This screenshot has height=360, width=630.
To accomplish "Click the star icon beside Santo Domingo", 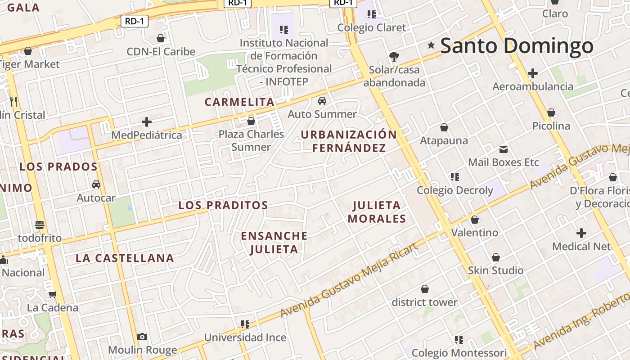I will pos(431,45).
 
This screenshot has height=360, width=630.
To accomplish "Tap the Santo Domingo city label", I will pos(517,46).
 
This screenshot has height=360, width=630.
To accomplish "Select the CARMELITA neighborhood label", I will pos(239,102).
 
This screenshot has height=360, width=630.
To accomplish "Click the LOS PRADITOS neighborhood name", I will pos(223,206).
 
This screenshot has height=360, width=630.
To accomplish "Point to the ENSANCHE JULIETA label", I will pos(274,243).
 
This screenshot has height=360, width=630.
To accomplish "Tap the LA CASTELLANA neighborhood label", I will pos(125,258).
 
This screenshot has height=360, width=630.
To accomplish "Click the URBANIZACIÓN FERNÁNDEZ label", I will pos(349,141).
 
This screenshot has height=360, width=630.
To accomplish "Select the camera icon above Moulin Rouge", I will pos(142,337).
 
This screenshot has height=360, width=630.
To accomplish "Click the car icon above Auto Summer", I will pos(322,100).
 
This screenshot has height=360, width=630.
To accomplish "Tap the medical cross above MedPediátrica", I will pos(147,122).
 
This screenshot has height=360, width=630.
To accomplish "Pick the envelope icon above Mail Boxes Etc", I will pos(504,149).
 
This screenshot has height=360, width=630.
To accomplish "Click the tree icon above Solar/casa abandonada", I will pos(394,56).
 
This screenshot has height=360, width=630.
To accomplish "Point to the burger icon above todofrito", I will pos(40,225).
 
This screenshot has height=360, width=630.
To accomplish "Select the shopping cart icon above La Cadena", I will pos(53,295).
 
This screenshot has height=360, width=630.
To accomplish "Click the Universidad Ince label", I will pos(245,337).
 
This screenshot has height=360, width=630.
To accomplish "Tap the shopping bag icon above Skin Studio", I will pos(495,257).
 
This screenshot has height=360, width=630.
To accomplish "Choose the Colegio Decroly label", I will pos(455,190).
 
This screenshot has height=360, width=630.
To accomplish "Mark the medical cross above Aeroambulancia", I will pos(533,73).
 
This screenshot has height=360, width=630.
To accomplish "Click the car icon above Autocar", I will pos(96,184).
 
